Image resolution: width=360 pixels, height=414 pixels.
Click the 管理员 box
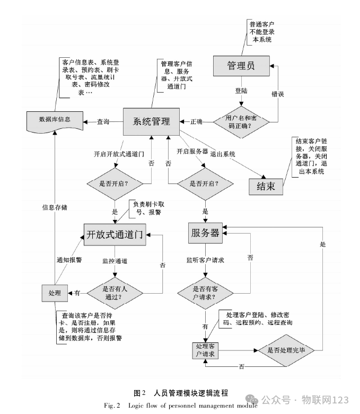coord(241,66)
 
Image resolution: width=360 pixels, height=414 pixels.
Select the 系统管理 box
coord(152,121)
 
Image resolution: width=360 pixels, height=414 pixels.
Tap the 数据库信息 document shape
coord(55,120)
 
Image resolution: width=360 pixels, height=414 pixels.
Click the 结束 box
coord(265,186)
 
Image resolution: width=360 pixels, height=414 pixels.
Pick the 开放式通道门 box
coord(115,235)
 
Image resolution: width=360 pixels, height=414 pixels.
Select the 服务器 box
coord(205,233)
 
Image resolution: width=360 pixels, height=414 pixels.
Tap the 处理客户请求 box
coord(205,350)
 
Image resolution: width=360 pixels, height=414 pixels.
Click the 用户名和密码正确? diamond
coord(242,121)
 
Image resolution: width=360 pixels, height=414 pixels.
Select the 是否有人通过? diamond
coord(115,292)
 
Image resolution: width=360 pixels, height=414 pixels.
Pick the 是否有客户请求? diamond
coord(205,292)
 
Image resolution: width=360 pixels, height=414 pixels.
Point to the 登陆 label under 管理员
coord(241,91)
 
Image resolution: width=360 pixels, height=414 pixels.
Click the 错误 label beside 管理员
coord(278,94)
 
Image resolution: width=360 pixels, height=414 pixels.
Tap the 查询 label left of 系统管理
coord(103,121)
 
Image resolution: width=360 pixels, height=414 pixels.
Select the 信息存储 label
coord(55,207)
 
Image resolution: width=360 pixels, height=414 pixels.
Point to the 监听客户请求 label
coord(205,260)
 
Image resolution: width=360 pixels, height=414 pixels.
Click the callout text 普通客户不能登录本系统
coord(262,31)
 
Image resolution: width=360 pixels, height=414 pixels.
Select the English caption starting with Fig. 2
coord(180,406)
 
